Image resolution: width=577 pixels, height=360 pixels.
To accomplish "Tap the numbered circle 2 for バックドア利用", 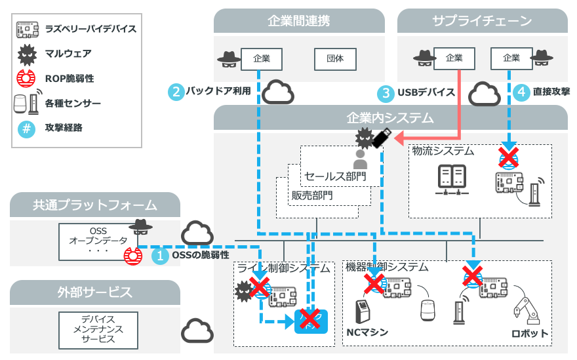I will click(175, 91).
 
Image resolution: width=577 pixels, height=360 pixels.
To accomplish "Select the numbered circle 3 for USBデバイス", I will click(386, 92).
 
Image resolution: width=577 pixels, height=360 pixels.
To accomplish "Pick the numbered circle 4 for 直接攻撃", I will click(521, 92).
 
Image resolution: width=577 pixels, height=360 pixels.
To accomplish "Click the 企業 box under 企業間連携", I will click(261, 58).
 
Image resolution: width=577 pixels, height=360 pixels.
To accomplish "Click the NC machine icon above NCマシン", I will click(361, 313).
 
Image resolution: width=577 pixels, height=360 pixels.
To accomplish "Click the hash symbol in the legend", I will click(26, 128).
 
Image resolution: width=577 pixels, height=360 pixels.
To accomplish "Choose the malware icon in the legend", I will click(26, 53).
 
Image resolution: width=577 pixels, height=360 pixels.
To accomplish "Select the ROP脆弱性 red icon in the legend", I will click(26, 78).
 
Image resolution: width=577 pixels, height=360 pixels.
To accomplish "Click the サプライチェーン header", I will click(482, 21).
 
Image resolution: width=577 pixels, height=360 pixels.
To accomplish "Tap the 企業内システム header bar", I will click(390, 118).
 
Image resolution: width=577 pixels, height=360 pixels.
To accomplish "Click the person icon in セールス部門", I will click(359, 159).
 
